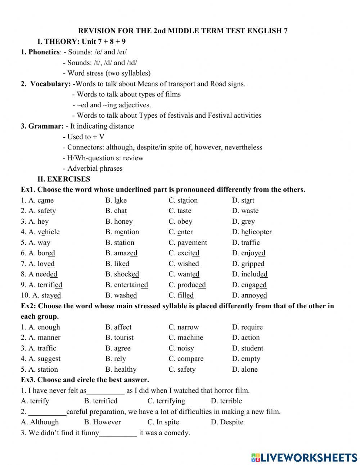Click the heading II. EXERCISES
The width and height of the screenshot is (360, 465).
tap(64, 179)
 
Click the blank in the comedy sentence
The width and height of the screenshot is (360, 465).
tap(118, 433)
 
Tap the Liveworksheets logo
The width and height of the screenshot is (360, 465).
tap(304, 457)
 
